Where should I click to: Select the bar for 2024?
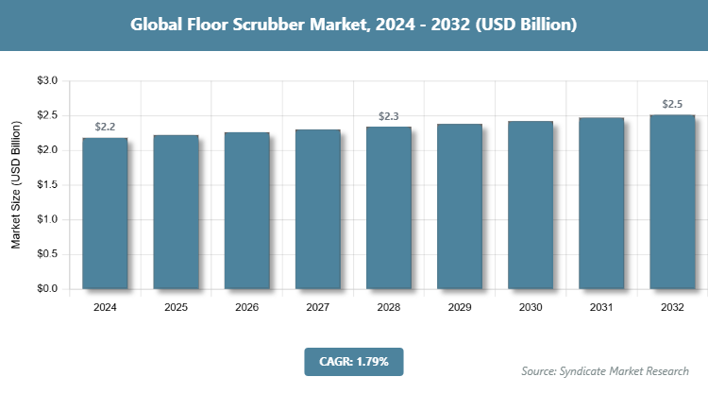(105, 213)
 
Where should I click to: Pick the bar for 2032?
(672, 201)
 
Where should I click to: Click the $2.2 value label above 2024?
(105, 127)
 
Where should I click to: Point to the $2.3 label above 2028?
(389, 116)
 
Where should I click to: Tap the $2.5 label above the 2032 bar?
(672, 103)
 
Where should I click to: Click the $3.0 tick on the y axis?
(47, 81)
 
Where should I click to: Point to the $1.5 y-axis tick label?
(47, 185)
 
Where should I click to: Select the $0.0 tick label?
(47, 288)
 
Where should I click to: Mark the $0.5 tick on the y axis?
(47, 254)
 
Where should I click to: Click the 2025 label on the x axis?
(176, 308)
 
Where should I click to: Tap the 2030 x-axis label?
(531, 308)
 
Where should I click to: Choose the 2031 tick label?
(601, 308)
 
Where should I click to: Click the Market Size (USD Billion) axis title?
(16, 185)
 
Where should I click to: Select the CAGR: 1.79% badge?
(354, 361)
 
